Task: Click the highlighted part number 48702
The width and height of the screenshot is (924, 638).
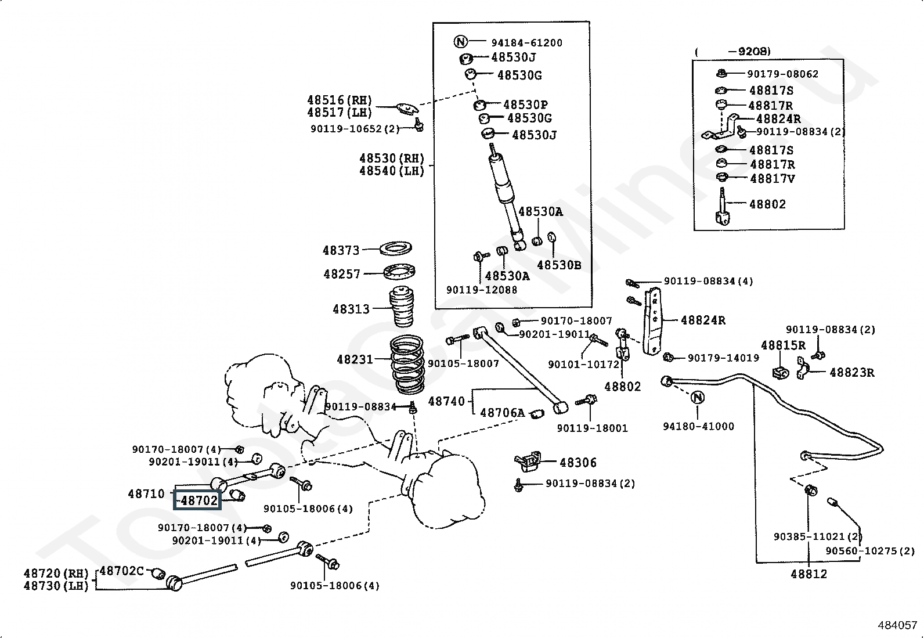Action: pos(199,500)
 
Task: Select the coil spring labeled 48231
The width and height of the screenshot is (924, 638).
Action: pos(407,365)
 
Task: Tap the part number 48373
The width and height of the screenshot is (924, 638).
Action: pos(341,250)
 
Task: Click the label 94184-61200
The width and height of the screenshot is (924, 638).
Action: pos(527,42)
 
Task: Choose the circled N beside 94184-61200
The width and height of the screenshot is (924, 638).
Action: pos(460,42)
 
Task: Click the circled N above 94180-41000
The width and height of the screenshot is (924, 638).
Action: pos(697,398)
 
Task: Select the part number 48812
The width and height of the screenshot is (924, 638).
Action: pos(808,574)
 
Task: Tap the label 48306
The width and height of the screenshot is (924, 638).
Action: pos(578,462)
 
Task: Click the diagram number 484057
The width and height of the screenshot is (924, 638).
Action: pos(897,625)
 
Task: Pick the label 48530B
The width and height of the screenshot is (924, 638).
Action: pos(559,265)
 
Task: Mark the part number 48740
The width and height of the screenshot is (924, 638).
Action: pos(446,401)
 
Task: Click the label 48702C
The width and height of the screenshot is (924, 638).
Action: pos(122,571)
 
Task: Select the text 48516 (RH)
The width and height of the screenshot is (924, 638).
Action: pos(340,100)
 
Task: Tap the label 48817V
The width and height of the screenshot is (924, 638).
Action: pos(772,178)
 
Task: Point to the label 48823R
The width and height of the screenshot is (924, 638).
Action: pos(852,372)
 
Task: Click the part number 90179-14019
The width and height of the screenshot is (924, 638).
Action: pos(723,358)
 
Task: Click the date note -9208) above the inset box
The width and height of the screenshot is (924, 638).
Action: pos(749,51)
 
